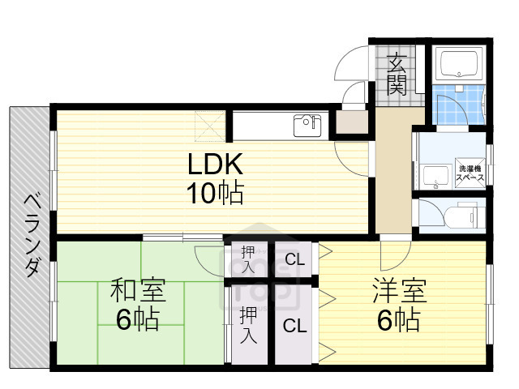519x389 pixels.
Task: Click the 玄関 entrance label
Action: [397, 73]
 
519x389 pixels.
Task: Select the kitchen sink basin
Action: [307, 127]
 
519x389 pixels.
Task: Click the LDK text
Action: [215, 166]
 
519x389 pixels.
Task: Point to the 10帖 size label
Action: [215, 194]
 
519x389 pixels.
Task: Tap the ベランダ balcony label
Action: [31, 235]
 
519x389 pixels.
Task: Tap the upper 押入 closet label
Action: [248, 259]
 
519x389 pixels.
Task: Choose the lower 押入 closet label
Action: [248, 324]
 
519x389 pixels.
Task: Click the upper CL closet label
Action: [294, 259]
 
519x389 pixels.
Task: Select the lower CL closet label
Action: [293, 326]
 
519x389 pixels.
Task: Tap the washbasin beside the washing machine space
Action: [436, 174]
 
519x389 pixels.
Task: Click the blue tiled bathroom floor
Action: [452, 107]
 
